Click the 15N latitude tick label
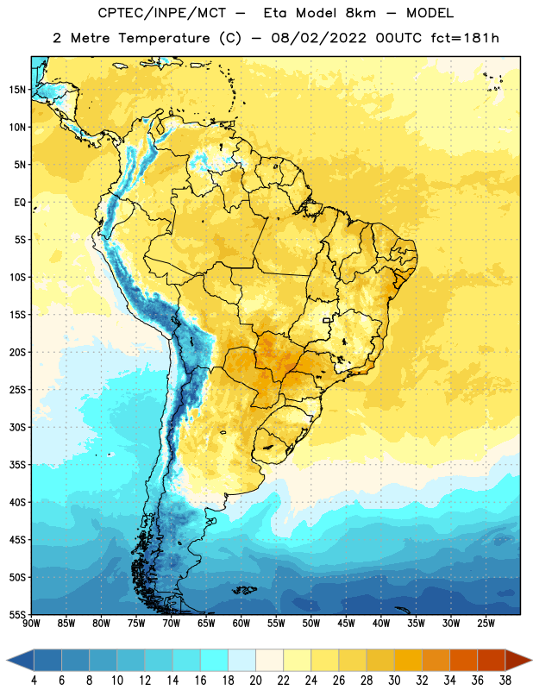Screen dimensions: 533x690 (17, 90)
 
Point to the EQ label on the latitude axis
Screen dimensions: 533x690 (20, 203)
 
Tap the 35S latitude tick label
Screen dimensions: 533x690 (17, 465)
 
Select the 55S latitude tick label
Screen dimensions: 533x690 (17, 614)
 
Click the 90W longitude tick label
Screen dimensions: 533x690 (31, 624)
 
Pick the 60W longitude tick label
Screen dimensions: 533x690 (241, 624)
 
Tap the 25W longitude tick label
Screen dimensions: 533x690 (486, 624)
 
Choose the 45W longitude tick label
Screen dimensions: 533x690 (346, 624)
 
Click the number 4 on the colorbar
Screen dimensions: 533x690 (34, 681)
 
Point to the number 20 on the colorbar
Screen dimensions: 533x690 (255, 681)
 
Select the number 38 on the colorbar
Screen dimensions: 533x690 (505, 681)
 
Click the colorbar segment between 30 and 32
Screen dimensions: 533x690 (408, 661)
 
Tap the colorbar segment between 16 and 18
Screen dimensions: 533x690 (214, 661)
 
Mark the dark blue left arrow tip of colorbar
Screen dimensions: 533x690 (7, 661)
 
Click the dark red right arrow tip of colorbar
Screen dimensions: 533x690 (531, 661)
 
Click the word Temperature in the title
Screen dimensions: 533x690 (164, 38)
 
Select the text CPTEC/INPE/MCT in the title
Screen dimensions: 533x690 (161, 14)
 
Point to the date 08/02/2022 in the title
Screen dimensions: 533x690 (318, 38)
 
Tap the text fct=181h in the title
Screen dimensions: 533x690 (465, 38)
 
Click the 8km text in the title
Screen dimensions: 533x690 (361, 13)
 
